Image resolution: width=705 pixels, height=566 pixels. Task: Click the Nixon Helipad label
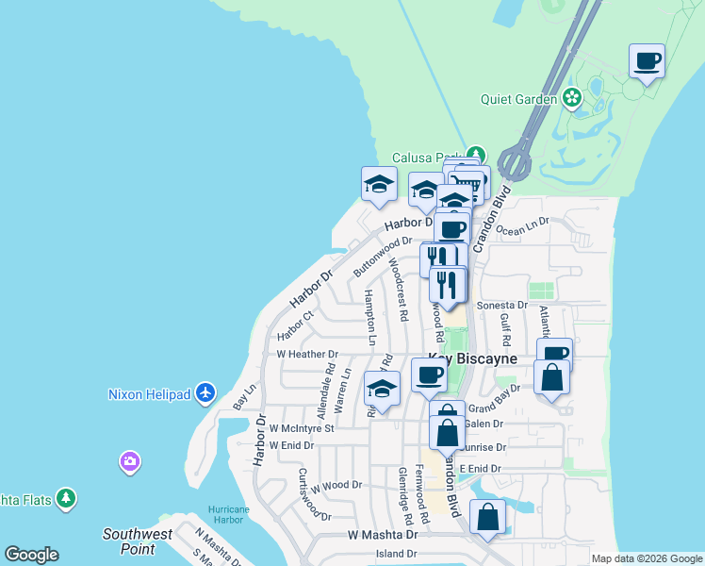pyautogui.click(x=150, y=393)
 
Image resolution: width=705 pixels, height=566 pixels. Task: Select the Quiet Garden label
pyautogui.click(x=519, y=97)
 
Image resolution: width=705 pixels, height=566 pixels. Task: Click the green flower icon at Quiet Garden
pyautogui.click(x=571, y=97)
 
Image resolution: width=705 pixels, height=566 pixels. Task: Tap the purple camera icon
pyautogui.click(x=130, y=462)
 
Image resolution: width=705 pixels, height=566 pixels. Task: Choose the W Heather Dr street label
pyautogui.click(x=306, y=354)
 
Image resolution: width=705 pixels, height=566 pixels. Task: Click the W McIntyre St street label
pyautogui.click(x=302, y=428)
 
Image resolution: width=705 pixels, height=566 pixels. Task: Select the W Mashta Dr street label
pyautogui.click(x=382, y=534)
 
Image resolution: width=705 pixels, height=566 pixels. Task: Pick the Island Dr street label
pyautogui.click(x=396, y=554)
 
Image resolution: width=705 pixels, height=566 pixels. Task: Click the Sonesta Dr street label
pyautogui.click(x=501, y=306)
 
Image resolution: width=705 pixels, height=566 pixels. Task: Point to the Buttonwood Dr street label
pyautogui.click(x=383, y=255)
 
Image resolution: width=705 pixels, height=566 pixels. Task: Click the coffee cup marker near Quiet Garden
pyautogui.click(x=647, y=62)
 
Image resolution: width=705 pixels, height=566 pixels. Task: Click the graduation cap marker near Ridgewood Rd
pyautogui.click(x=382, y=389)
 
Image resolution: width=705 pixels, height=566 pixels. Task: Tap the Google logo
pyautogui.click(x=31, y=555)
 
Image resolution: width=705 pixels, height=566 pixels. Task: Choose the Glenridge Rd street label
pyautogui.click(x=405, y=495)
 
